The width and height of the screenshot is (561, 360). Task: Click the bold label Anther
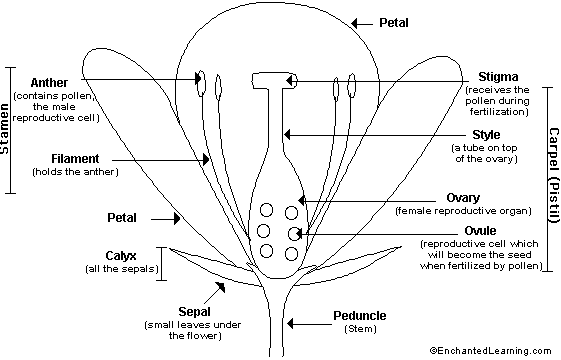point(49,83)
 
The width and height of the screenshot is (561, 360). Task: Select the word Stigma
point(498,77)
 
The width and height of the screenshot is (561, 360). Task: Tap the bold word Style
point(486,135)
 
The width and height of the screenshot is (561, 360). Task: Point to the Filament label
point(75,159)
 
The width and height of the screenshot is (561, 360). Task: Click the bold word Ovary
point(463,198)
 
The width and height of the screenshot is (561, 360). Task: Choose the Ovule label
point(480,230)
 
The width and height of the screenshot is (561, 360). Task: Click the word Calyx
point(121,256)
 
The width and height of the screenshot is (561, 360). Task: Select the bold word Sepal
point(194,312)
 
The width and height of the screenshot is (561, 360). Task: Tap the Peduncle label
point(360,316)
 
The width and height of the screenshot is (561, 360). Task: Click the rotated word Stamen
point(5,129)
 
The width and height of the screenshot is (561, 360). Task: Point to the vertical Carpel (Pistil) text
point(553,175)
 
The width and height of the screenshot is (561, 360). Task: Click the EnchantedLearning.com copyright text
point(491,351)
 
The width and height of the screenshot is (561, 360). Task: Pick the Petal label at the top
point(394,23)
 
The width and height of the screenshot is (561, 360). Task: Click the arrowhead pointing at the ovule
point(300,234)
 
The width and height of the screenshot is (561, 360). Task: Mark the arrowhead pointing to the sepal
point(221,287)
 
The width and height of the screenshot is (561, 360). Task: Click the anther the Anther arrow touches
point(202,83)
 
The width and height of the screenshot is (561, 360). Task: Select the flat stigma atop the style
point(275,81)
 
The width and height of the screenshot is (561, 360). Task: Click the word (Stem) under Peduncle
point(360,329)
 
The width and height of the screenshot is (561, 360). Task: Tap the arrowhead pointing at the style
point(287,135)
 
